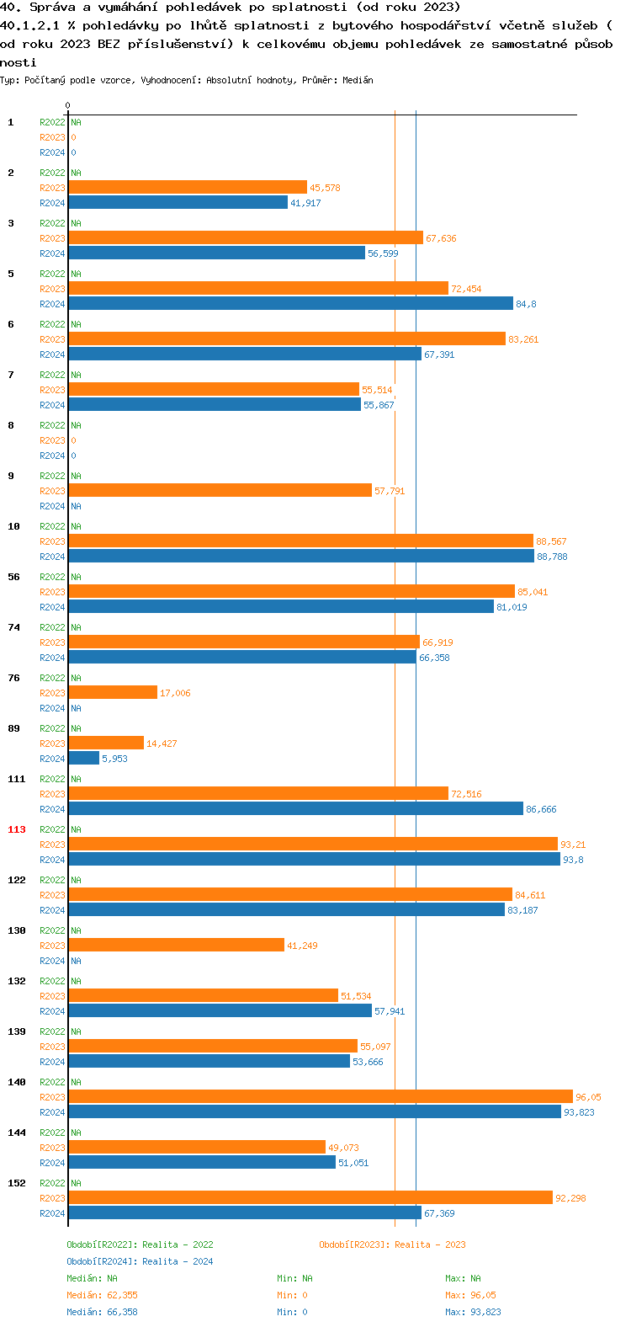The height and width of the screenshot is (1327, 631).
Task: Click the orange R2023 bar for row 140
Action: tap(320, 1096)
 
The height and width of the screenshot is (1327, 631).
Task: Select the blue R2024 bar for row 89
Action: tap(84, 759)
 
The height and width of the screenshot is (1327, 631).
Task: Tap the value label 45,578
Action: tap(325, 188)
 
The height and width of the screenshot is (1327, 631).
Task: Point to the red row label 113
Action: tap(17, 829)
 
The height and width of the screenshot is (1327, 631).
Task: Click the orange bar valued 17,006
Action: tap(113, 692)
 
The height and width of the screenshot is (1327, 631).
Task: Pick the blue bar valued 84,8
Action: tap(290, 304)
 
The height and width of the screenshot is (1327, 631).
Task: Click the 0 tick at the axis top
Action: tap(68, 105)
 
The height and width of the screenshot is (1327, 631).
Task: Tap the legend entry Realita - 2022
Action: tap(140, 1244)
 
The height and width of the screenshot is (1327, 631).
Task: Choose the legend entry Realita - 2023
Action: tap(392, 1244)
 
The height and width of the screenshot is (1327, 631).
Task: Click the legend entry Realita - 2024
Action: tap(140, 1261)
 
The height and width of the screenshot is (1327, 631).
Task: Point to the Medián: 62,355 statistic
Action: tap(102, 1295)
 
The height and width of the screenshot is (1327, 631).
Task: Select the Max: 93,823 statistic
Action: tap(473, 1312)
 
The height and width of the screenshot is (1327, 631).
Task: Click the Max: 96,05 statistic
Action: tap(470, 1295)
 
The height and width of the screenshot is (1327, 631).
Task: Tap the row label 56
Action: tap(14, 577)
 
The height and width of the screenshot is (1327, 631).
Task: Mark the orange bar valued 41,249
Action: tap(176, 945)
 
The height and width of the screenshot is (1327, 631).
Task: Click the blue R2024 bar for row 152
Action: tap(244, 1213)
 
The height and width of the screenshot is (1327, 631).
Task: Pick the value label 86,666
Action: tap(541, 809)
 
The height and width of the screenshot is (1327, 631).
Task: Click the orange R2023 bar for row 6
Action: tap(287, 338)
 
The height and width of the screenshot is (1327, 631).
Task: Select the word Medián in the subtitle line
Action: tap(358, 80)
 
